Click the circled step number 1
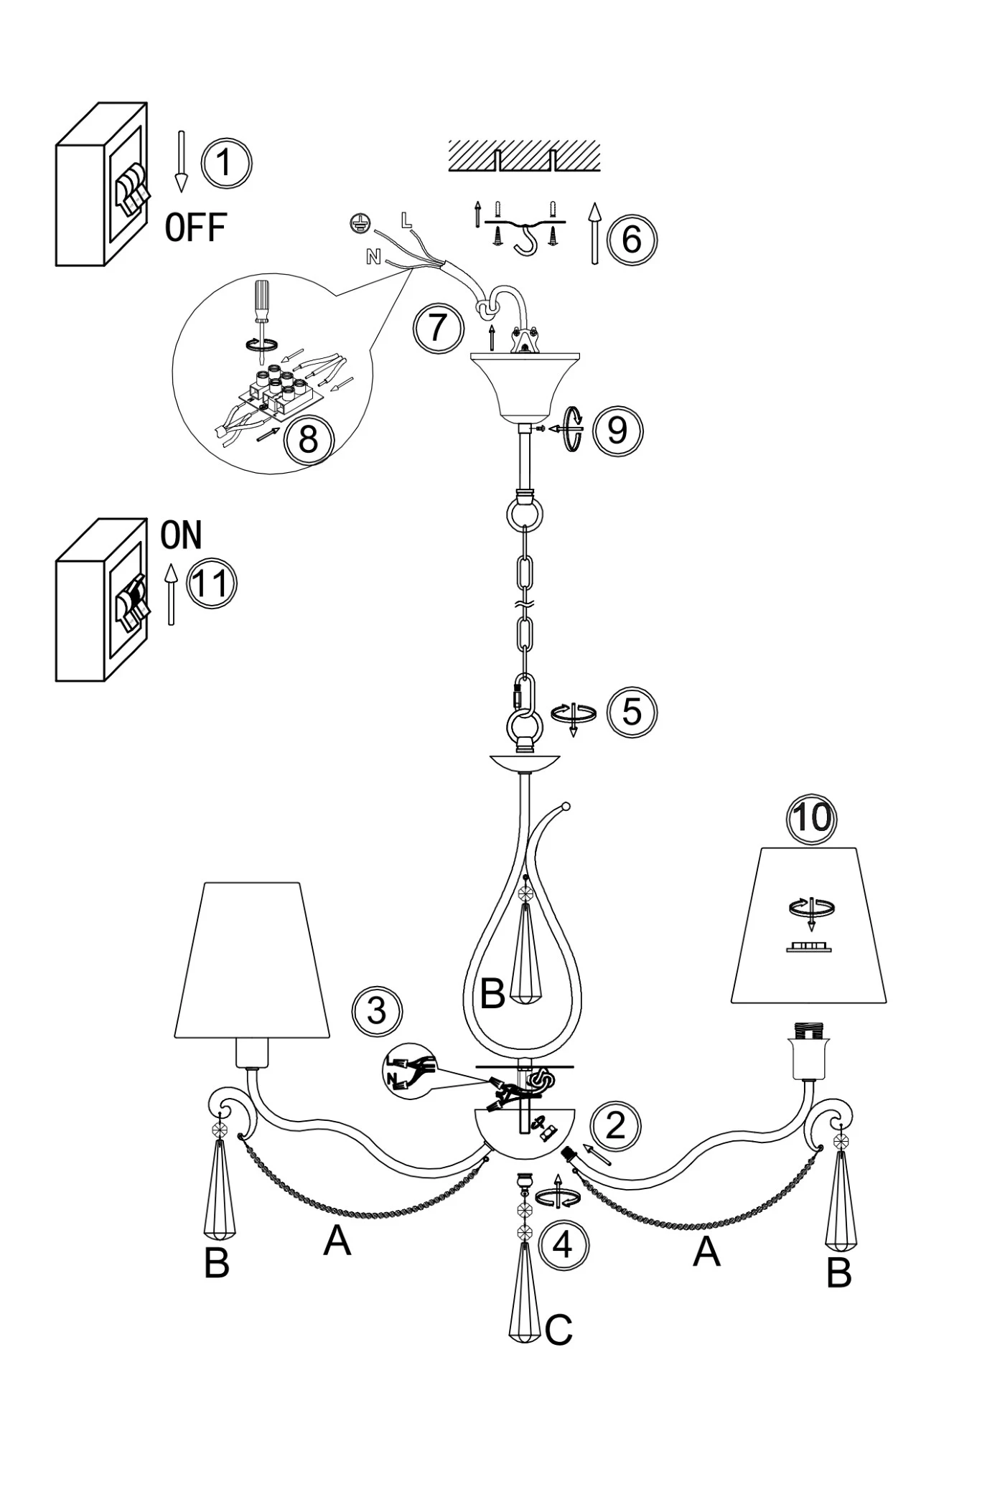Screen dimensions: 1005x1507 (225, 162)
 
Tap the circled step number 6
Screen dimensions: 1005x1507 (631, 239)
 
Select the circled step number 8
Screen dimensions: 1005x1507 (308, 439)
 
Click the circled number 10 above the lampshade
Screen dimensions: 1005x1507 (813, 817)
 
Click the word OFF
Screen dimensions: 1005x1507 (195, 228)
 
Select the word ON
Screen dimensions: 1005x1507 (181, 535)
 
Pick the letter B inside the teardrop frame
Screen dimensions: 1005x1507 (492, 994)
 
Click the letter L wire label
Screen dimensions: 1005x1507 (406, 220)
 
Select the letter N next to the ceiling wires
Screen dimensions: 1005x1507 (373, 256)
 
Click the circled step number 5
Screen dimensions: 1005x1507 (632, 712)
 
